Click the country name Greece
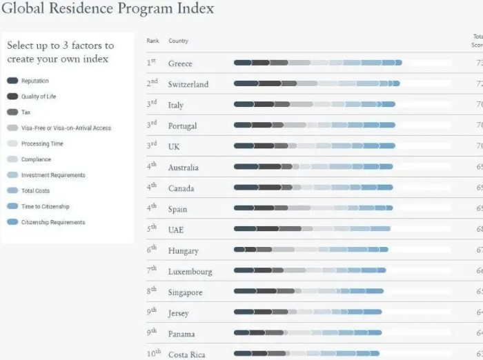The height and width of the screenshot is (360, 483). pyautogui.click(x=180, y=63)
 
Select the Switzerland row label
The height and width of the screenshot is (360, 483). pyautogui.click(x=188, y=84)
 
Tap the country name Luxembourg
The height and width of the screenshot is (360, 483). pyautogui.click(x=190, y=272)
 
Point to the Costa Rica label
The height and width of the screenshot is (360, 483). pyautogui.click(x=187, y=354)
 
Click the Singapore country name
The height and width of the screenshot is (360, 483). pyautogui.click(x=186, y=292)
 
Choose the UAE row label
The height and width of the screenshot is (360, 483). pyautogui.click(x=176, y=230)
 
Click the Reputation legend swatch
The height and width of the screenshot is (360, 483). pyautogui.click(x=12, y=81)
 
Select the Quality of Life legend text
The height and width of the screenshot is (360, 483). pyautogui.click(x=39, y=97)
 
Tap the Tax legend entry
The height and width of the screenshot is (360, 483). pyautogui.click(x=26, y=112)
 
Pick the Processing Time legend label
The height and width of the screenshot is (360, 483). pyautogui.click(x=42, y=143)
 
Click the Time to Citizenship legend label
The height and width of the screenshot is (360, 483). pyautogui.click(x=45, y=206)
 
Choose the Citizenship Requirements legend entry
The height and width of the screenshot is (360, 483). pyautogui.click(x=53, y=222)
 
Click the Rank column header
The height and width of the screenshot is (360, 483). pyautogui.click(x=152, y=41)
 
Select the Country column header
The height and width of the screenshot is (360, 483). pyautogui.click(x=178, y=41)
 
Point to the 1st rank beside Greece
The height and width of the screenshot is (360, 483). pyautogui.click(x=151, y=63)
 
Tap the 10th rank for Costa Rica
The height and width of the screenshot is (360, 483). pyautogui.click(x=153, y=354)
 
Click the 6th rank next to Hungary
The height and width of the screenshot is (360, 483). pyautogui.click(x=152, y=250)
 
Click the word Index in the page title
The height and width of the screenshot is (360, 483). pyautogui.click(x=195, y=9)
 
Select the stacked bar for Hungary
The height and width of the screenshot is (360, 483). pyautogui.click(x=310, y=250)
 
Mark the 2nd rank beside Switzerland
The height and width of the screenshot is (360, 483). pyautogui.click(x=152, y=83)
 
